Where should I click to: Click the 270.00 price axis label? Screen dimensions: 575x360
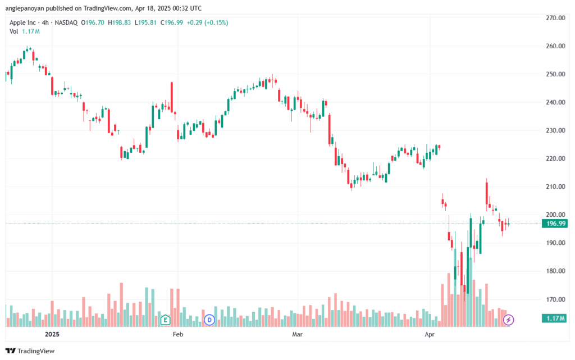555,18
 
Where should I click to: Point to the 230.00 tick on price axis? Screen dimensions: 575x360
555,130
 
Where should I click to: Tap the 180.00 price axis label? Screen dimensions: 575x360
555,271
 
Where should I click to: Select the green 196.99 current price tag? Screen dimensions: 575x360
555,224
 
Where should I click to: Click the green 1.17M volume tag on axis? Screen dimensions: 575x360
555,318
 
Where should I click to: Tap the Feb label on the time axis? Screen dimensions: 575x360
178,334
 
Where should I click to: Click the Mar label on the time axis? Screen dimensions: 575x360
298,334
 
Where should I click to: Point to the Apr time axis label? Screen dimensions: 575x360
430,334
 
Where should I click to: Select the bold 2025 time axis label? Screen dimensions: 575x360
52,334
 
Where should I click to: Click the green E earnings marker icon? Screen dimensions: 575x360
166,320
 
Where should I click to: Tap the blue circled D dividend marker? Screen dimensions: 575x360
209,320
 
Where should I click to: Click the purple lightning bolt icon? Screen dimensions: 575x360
508,320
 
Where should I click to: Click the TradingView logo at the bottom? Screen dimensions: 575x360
30,351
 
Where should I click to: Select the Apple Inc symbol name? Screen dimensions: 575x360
22,22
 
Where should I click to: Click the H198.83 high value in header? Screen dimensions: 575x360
119,22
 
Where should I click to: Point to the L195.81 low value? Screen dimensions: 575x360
145,22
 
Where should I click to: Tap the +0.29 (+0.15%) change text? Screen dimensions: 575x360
207,22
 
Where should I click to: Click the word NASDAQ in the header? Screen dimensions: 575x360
66,22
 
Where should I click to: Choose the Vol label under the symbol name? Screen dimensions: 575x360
14,31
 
